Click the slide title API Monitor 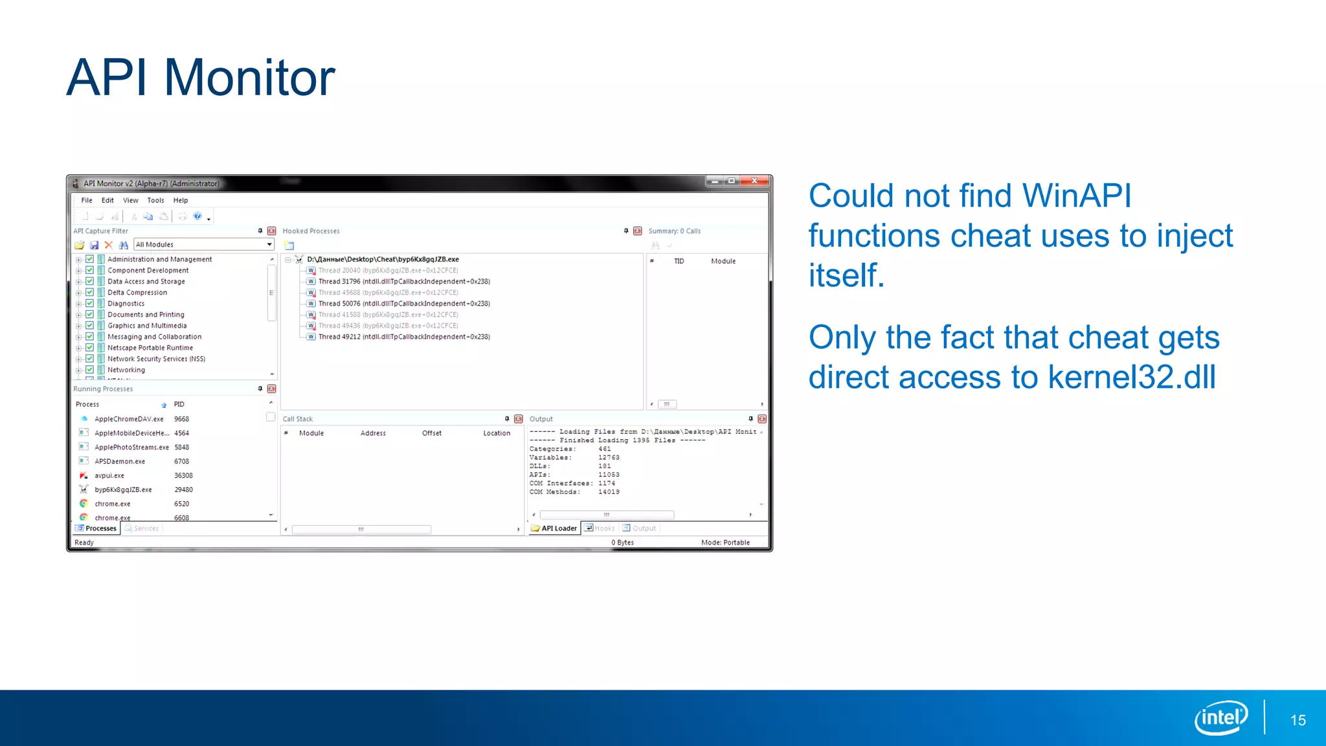200,78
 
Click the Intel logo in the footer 1220,718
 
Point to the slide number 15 1298,720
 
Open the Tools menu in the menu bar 155,201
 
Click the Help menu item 181,201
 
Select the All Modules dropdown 203,245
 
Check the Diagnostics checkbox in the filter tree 90,304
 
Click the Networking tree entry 126,370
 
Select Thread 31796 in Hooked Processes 403,282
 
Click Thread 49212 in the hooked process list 403,337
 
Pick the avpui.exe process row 109,476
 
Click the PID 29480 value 183,490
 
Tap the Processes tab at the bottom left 96,528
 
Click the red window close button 754,181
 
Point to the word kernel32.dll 1132,378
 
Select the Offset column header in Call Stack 432,433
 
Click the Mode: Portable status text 725,543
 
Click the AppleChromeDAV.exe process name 129,420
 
